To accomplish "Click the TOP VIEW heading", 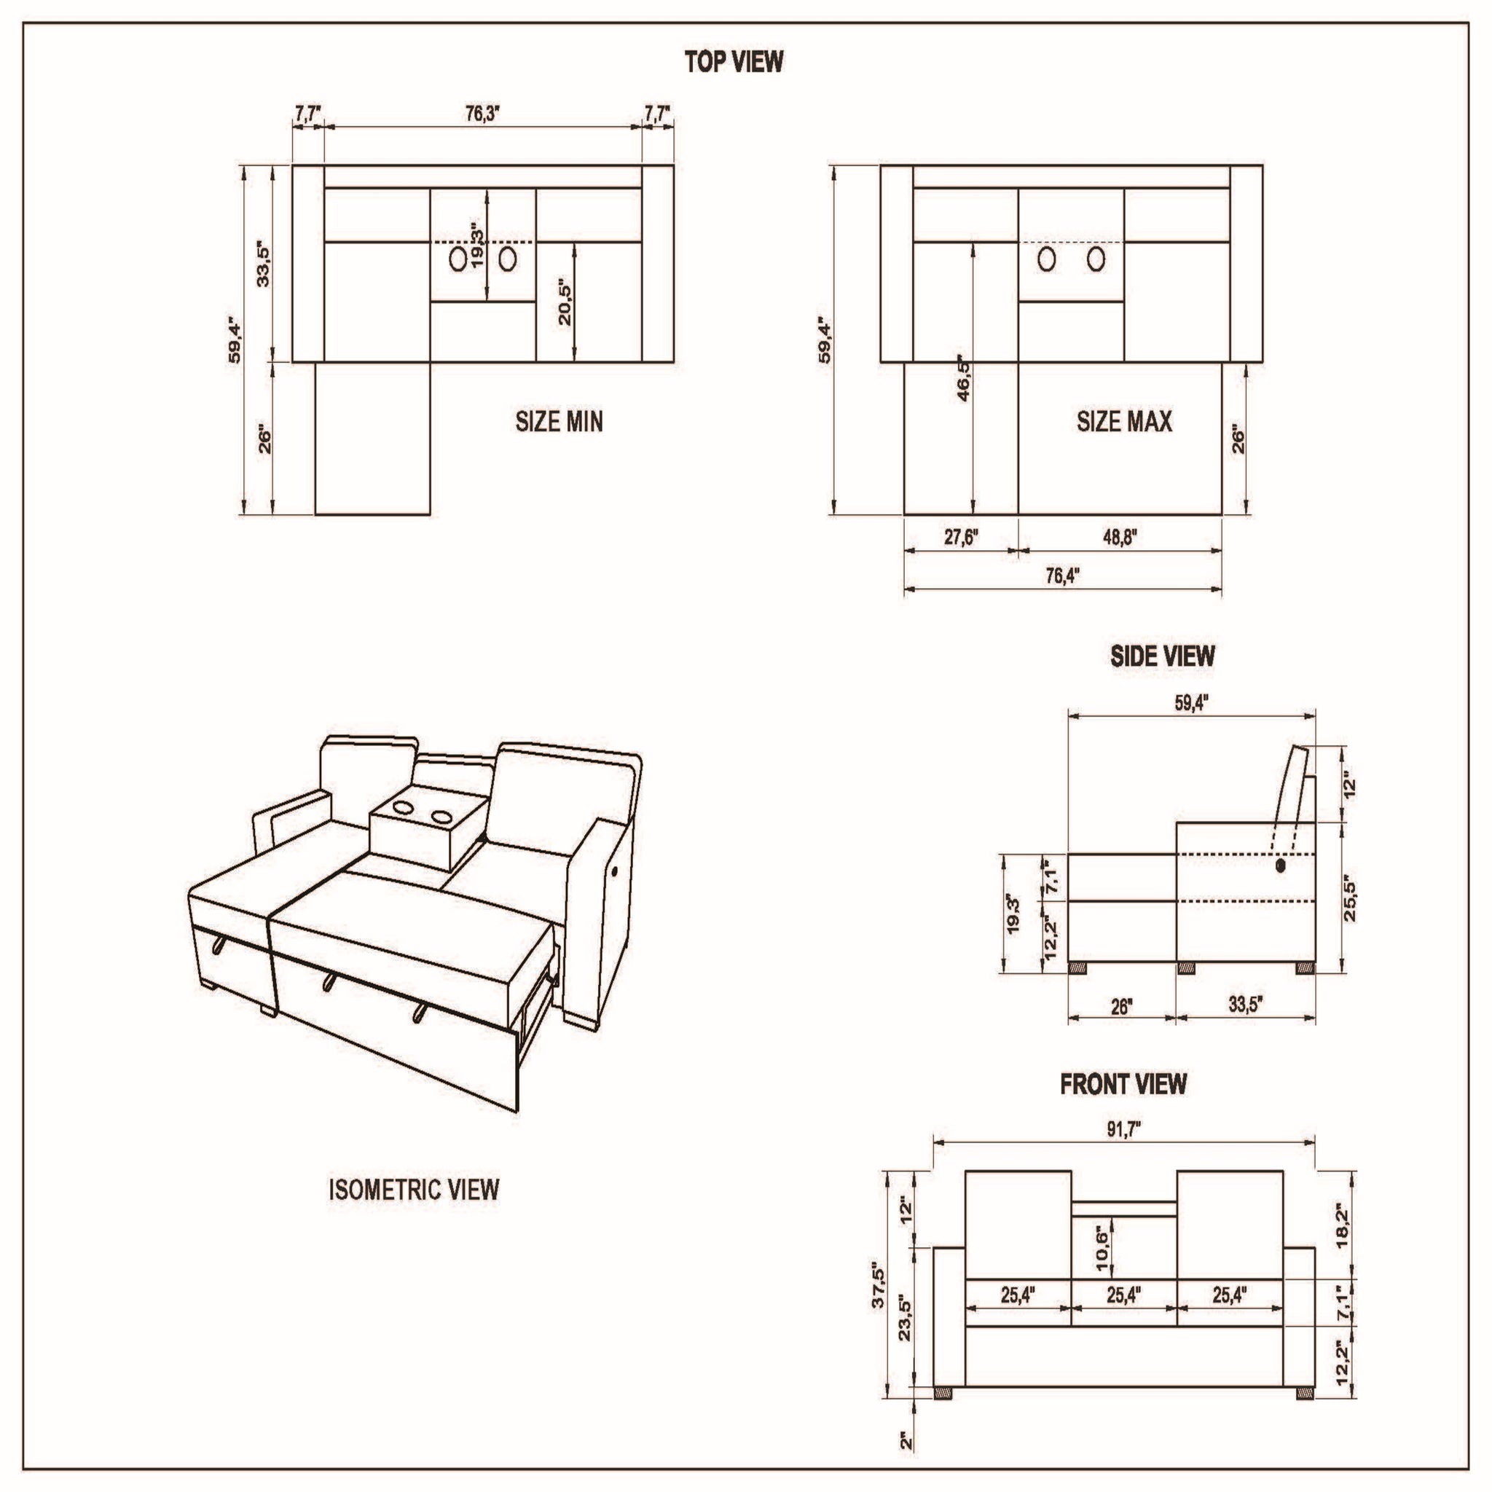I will click(734, 62).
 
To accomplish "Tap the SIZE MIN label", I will click(558, 422).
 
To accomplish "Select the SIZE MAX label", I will click(1123, 422).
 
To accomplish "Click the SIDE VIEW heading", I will click(1161, 656).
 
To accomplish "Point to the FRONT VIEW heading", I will click(1122, 1084).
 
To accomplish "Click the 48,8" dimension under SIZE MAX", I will click(1120, 537).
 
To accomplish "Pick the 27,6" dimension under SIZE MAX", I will click(962, 537).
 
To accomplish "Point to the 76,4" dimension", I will click(1063, 576).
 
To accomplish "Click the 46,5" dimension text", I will click(963, 378).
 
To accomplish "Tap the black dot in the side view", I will click(1281, 866).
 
